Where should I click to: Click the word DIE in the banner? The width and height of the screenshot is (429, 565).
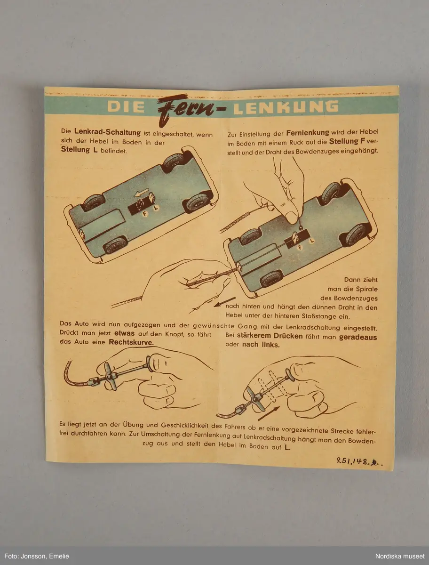point(126,106)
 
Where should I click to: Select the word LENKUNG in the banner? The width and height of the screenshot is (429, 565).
point(286,107)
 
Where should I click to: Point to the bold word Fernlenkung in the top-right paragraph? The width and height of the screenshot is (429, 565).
point(308,133)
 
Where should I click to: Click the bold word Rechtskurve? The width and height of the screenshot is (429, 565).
point(131,342)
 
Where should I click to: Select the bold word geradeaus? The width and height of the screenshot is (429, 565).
point(358,338)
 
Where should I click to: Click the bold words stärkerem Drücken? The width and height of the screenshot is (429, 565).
point(270,336)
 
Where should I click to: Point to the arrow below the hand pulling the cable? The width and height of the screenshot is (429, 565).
point(225,302)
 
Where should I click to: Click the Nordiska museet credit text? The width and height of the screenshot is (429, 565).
point(400,556)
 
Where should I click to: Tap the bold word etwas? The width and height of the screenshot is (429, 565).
point(124,333)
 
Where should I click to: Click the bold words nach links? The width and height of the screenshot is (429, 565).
point(261,345)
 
